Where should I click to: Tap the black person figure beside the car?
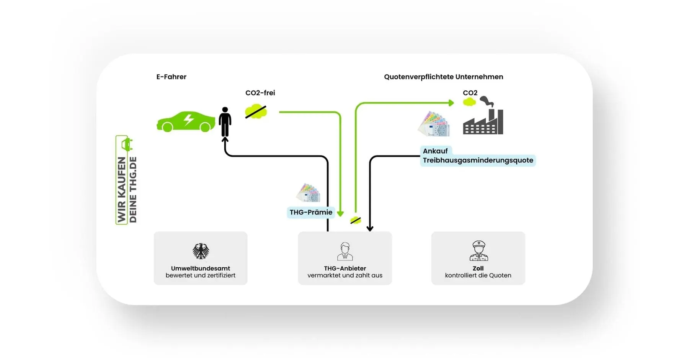point(225,122)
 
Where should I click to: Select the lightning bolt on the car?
point(188,119)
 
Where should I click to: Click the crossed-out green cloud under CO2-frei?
point(256,112)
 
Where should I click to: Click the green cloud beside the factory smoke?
point(469,102)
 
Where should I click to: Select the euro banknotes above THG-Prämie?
point(308,193)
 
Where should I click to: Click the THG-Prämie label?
point(311,212)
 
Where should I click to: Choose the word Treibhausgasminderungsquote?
point(478,160)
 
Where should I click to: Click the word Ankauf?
point(435,151)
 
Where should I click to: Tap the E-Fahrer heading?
point(171,77)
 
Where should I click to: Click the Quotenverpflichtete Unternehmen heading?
point(443,77)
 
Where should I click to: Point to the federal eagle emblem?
point(201,251)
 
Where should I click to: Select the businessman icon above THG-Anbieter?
point(345,251)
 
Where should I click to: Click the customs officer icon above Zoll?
point(478,250)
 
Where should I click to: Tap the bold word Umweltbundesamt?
point(201,268)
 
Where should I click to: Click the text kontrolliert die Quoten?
point(478,275)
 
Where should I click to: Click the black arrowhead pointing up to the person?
point(225,140)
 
